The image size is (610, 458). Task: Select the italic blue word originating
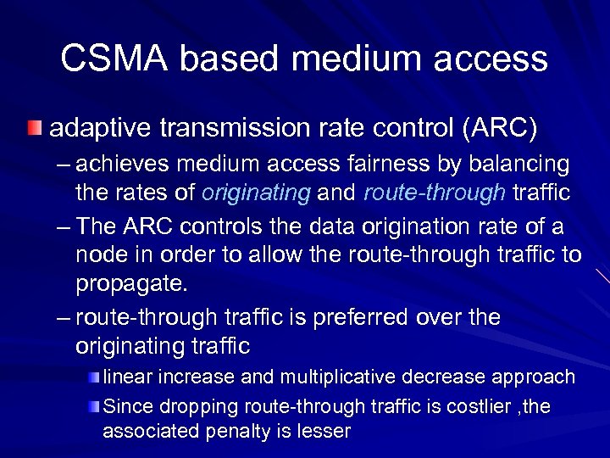coord(256,193)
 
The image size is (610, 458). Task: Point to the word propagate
coord(130,283)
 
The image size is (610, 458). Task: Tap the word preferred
coord(356,317)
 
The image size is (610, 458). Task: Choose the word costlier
coord(463,407)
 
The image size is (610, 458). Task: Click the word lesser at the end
coord(320,431)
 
